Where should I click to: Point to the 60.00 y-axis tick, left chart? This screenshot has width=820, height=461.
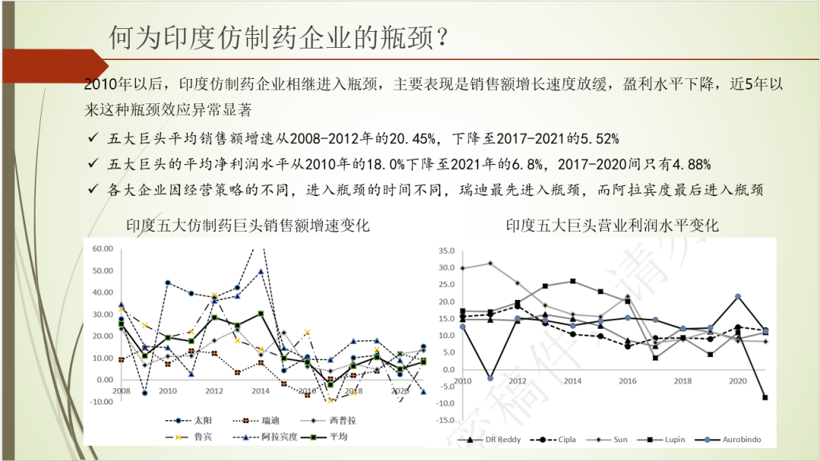point(101,248)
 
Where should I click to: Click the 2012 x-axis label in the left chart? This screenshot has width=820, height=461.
point(213,390)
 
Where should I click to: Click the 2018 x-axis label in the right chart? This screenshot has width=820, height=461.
point(682,380)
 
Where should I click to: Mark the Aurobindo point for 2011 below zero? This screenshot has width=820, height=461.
point(490,378)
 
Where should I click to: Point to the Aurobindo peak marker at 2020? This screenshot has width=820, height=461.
point(737,296)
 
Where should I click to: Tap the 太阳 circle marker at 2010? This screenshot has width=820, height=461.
point(168,283)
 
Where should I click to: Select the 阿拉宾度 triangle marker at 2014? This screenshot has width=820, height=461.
point(261,271)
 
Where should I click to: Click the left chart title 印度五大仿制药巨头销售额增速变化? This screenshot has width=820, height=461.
point(248,225)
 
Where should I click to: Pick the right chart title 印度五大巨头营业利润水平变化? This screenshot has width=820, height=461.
point(612,225)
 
